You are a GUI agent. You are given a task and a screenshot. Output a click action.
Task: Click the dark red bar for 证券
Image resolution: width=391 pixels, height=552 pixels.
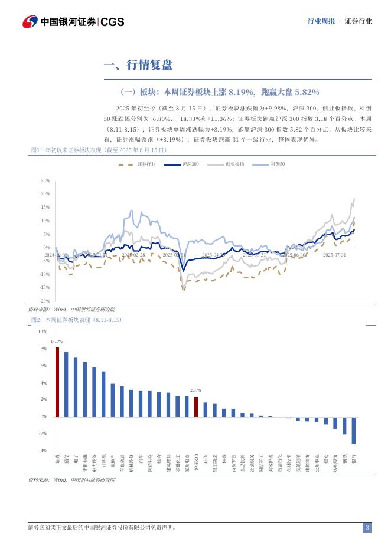point(57,382)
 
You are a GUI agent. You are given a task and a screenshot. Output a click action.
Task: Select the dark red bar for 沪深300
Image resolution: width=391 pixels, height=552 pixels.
point(196,406)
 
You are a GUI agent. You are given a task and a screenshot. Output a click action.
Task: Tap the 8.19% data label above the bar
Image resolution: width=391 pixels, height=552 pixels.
point(57,341)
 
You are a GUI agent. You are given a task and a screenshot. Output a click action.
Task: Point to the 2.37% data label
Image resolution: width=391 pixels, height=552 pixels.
point(196,390)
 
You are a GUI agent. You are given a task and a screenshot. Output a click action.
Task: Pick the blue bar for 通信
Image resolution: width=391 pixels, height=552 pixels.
point(66,384)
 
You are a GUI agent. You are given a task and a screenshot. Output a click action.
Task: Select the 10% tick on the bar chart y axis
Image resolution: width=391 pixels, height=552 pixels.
point(43,331)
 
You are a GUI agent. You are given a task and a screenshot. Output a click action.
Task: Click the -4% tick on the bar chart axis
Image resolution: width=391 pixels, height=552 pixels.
point(43,451)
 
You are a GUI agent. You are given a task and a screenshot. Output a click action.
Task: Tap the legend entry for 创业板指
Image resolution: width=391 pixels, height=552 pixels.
point(226,164)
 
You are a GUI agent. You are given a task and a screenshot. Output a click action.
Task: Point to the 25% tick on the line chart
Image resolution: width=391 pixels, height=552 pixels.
point(45,180)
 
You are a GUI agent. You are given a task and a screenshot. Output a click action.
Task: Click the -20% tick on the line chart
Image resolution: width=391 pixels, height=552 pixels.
point(45,301)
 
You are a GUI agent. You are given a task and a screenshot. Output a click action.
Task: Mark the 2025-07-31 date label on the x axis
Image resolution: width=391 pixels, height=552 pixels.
point(334,255)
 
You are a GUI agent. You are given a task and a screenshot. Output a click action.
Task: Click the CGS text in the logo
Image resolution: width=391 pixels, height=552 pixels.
point(112,22)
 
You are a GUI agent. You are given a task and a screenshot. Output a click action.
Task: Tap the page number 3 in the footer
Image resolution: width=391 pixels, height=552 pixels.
point(367,527)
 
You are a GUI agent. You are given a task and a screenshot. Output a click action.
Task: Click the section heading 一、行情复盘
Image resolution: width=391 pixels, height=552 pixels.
point(138,65)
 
